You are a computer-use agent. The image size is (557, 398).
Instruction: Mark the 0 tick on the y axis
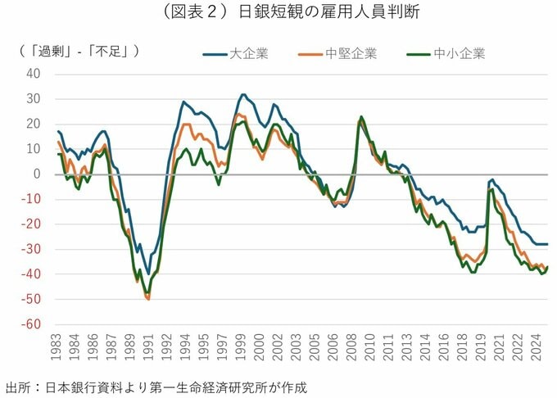[37, 174]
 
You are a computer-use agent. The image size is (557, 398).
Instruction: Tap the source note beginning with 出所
[156, 387]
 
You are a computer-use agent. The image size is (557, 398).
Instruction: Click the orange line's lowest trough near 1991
[148, 300]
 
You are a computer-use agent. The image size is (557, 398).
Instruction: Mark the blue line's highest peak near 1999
[243, 94]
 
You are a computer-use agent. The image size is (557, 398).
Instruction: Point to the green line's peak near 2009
[361, 117]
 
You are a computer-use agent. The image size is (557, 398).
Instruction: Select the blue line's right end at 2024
[547, 244]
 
